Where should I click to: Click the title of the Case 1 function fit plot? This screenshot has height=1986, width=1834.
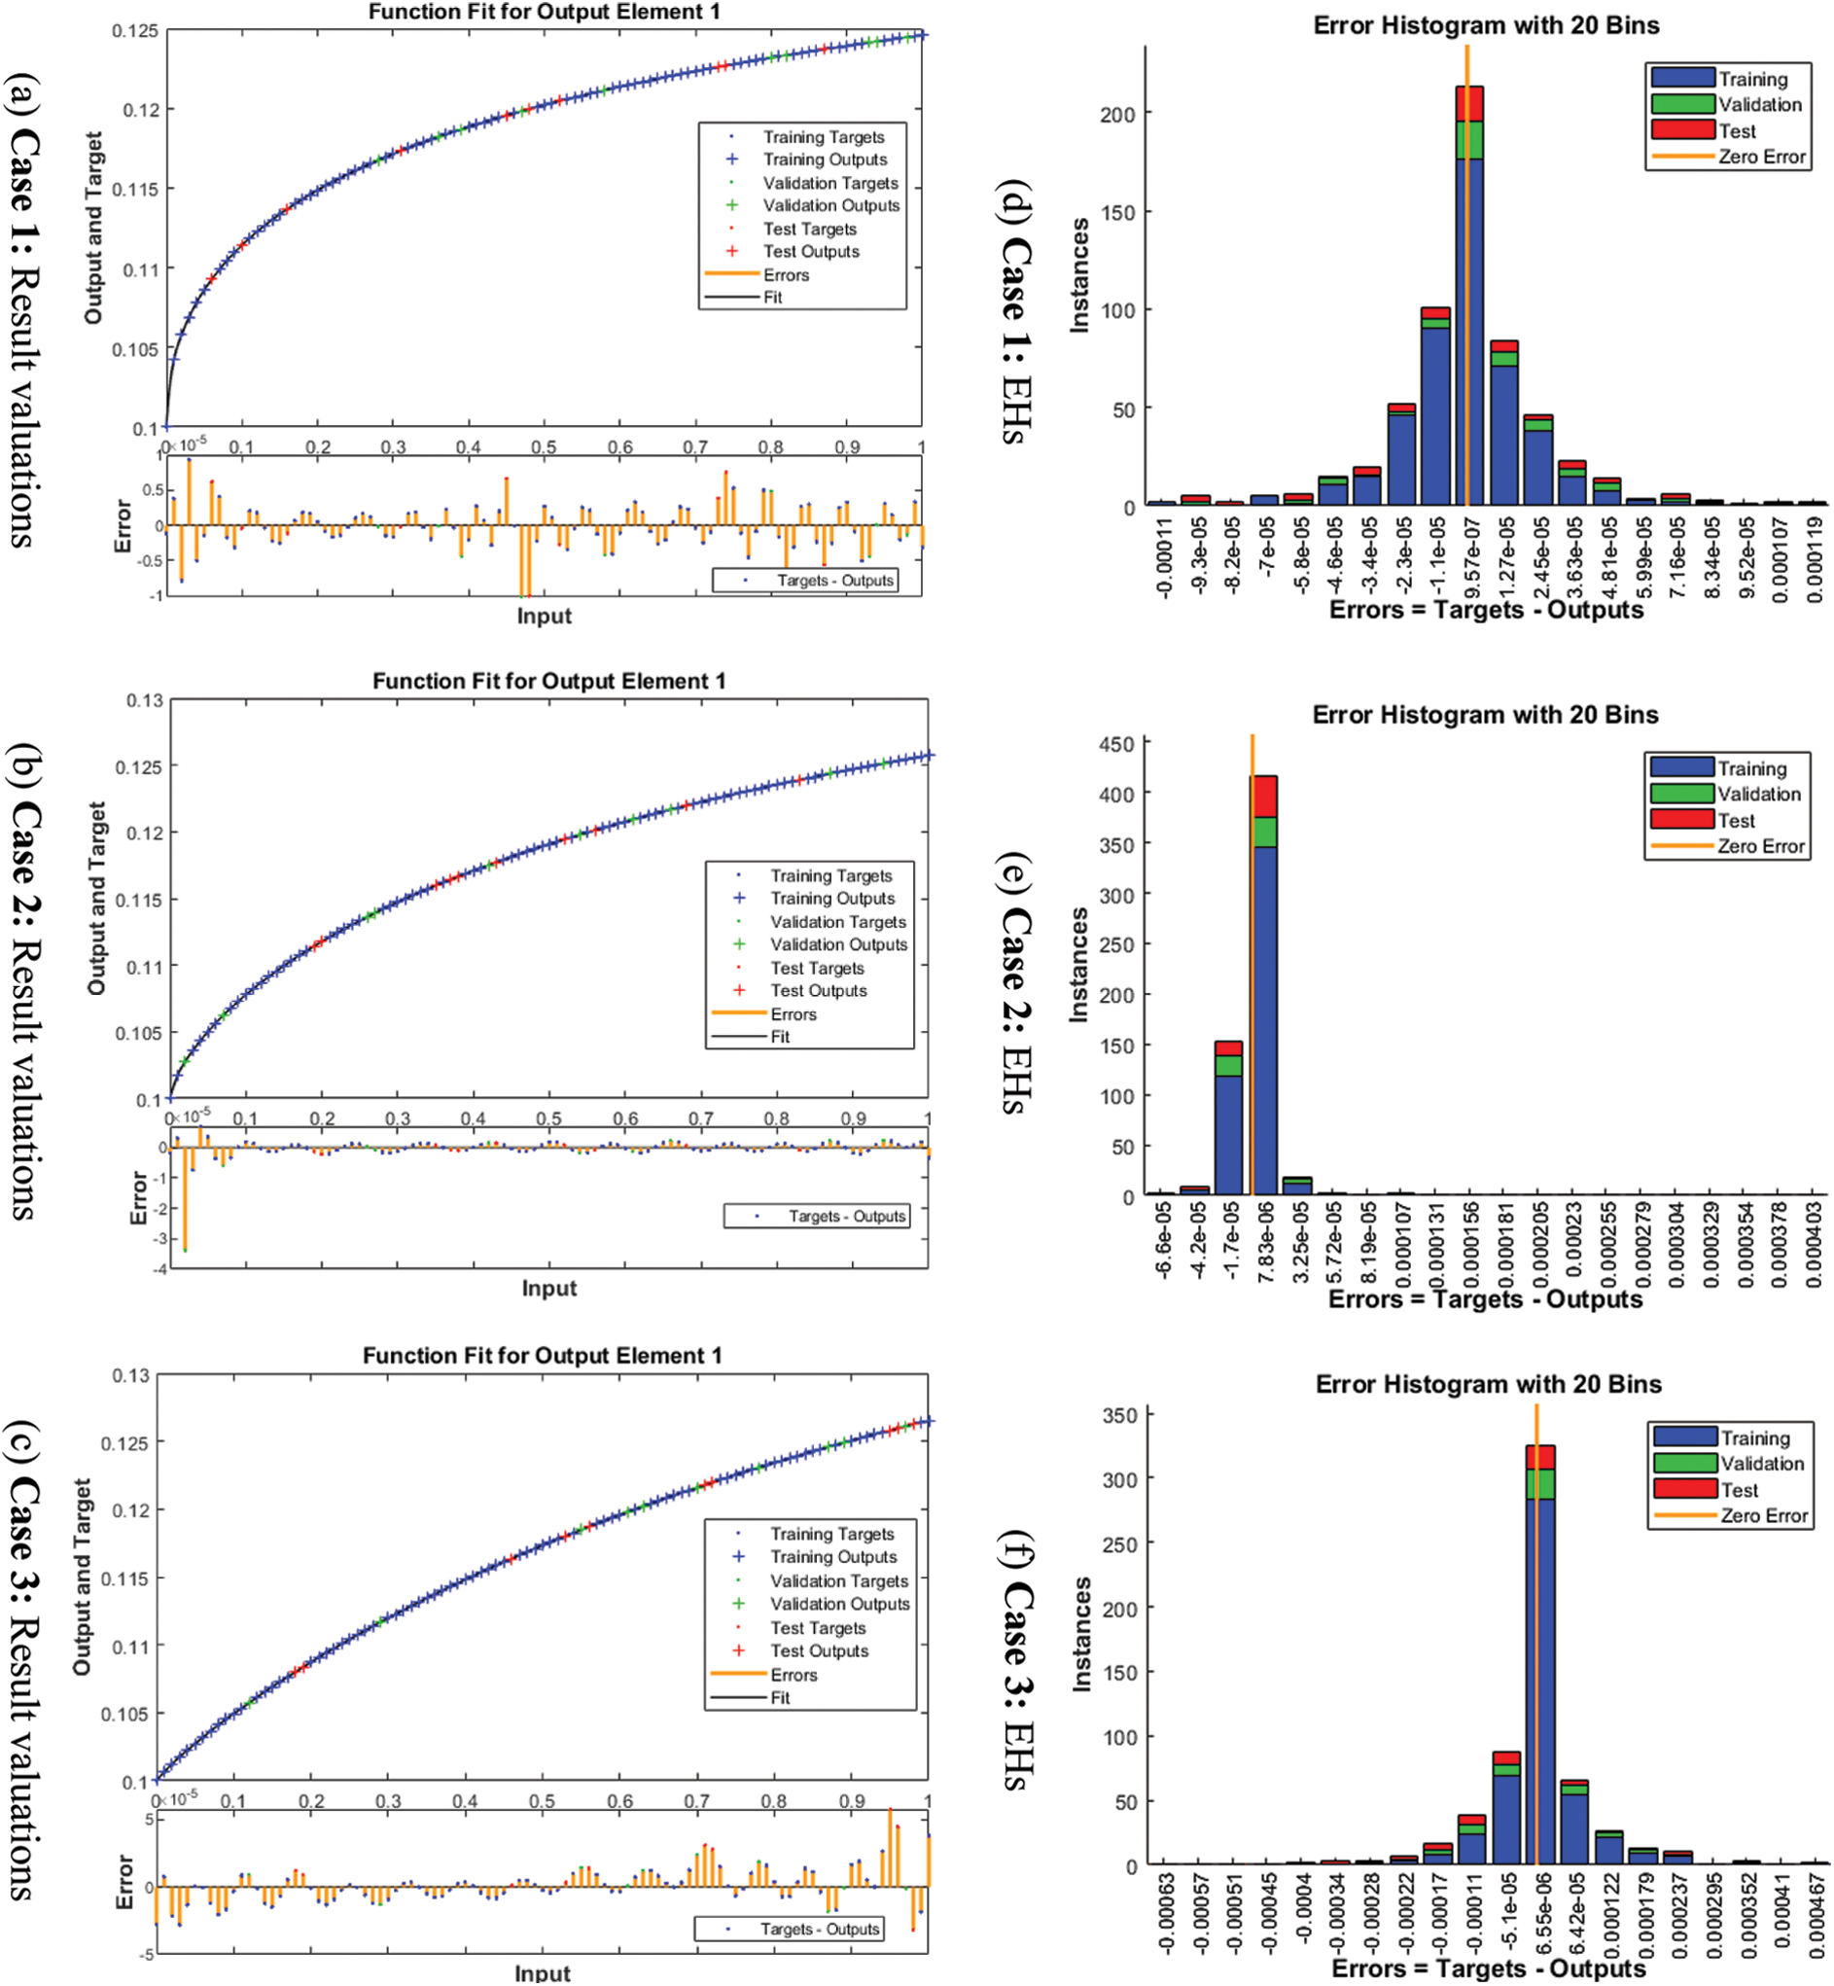(544, 12)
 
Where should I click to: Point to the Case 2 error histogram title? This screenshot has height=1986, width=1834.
(1485, 715)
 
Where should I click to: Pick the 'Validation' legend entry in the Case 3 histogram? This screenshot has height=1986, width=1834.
(1761, 1464)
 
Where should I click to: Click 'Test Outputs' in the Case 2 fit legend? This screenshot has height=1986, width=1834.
(819, 990)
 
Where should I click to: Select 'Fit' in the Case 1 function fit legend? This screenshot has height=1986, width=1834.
(773, 297)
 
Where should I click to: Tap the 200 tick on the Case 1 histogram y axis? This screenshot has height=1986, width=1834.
(1117, 114)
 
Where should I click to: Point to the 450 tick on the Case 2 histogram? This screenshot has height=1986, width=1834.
(1115, 744)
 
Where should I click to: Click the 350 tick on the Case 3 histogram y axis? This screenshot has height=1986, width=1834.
(1119, 1415)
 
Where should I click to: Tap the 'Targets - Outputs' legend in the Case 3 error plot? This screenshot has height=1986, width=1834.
(820, 1929)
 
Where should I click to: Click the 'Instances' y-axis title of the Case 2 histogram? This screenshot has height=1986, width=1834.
(1078, 965)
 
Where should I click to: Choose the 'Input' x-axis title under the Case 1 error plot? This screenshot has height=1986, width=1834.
(544, 617)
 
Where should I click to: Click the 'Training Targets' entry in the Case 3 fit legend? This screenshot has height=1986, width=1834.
(831, 1534)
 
